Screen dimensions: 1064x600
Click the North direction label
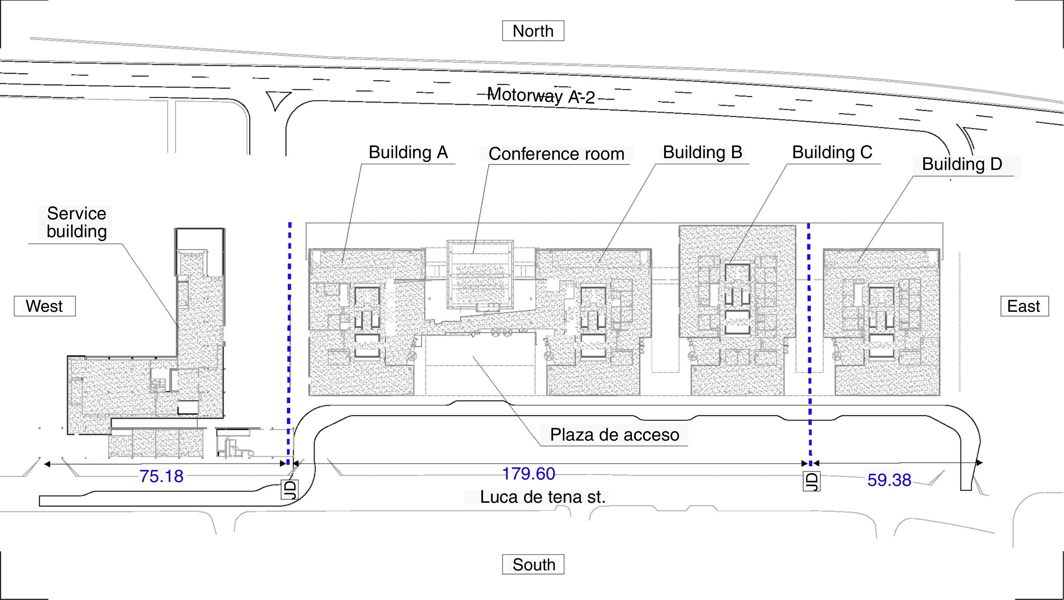533,31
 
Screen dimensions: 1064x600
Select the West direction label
45,306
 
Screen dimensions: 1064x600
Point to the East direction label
1024,306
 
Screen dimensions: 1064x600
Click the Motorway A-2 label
541,96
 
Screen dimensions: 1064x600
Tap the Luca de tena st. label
542,497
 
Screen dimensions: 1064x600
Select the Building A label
408,152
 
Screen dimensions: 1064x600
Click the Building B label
702,152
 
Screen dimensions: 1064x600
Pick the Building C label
832,152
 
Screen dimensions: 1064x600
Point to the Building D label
962,164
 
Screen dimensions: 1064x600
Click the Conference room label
556,154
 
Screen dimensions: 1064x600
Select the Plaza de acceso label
614,435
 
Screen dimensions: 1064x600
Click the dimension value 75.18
161,476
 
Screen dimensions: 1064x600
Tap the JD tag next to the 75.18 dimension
289,489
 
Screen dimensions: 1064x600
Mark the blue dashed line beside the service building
289,330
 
